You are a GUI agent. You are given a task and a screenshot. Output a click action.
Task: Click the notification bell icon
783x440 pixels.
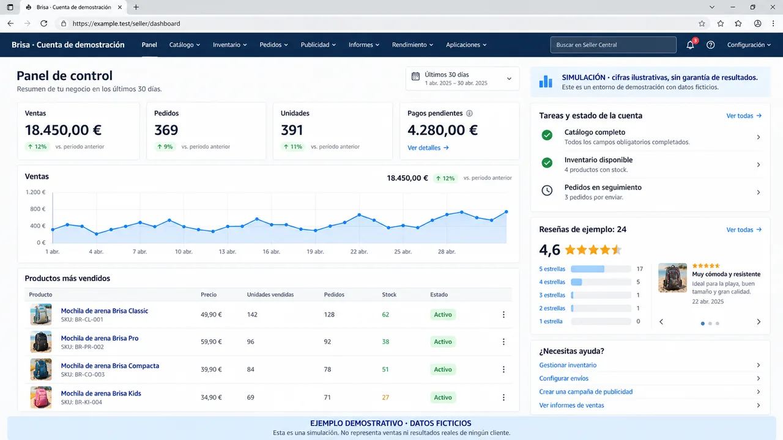pyautogui.click(x=690, y=45)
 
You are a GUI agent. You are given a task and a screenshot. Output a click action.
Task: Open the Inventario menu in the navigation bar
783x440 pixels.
pyautogui.click(x=229, y=45)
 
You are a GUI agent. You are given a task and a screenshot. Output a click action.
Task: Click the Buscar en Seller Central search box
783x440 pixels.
pyautogui.click(x=613, y=45)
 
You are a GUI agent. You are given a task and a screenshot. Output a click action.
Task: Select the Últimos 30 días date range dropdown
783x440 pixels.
pyautogui.click(x=462, y=79)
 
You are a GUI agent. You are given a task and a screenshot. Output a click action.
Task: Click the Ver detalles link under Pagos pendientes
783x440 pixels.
pyautogui.click(x=428, y=148)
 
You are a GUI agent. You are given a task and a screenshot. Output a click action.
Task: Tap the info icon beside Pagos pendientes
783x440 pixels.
pyautogui.click(x=469, y=113)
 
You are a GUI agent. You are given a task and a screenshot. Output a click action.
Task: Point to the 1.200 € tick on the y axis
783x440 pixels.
pyautogui.click(x=35, y=192)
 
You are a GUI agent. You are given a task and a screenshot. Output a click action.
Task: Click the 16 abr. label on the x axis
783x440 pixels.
pyautogui.click(x=271, y=251)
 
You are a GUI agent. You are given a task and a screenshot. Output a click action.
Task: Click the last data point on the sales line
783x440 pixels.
pyautogui.click(x=506, y=212)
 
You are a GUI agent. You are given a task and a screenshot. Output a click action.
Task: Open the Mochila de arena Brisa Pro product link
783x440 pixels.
pyautogui.click(x=100, y=338)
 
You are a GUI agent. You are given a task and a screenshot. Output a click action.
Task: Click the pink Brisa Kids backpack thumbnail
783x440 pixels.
pyautogui.click(x=41, y=397)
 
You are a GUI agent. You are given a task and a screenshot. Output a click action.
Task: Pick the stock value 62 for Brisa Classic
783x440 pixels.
pyautogui.click(x=385, y=314)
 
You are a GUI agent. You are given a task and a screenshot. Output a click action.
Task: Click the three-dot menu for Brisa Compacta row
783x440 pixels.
pyautogui.click(x=503, y=369)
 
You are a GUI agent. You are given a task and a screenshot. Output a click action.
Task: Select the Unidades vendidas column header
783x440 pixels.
pyautogui.click(x=270, y=295)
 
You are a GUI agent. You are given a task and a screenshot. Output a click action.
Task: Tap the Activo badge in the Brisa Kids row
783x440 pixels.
pyautogui.click(x=443, y=397)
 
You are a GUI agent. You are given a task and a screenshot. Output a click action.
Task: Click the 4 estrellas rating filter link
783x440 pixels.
pyautogui.click(x=552, y=282)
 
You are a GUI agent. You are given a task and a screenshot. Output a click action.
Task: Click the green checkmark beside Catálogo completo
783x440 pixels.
pyautogui.click(x=547, y=135)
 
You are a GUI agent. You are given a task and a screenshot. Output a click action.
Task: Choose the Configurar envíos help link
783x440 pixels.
pyautogui.click(x=563, y=378)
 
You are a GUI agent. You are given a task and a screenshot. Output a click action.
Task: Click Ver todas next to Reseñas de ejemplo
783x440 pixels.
pyautogui.click(x=744, y=229)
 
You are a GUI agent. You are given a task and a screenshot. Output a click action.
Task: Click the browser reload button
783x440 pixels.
pyautogui.click(x=43, y=23)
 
